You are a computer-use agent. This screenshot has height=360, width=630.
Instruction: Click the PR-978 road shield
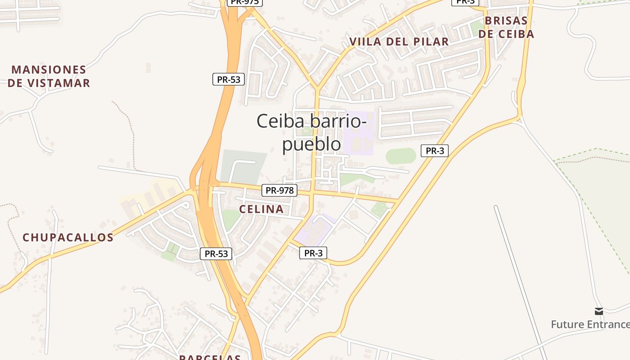[279, 190]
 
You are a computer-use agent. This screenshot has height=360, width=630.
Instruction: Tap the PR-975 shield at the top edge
[244, 2]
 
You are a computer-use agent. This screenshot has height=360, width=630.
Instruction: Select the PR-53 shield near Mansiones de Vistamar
[229, 80]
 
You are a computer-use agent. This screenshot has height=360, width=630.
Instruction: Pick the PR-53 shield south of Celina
[216, 254]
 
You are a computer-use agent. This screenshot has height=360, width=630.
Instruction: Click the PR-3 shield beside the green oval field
[435, 151]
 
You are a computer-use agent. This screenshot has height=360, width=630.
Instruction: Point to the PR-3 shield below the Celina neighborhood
[313, 253]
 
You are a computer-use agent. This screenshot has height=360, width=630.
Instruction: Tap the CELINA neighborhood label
[261, 209]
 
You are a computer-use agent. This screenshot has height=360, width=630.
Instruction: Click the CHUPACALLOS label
[68, 238]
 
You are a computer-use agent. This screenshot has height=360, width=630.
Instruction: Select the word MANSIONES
[49, 70]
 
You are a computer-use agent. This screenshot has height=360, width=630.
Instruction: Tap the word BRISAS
[506, 21]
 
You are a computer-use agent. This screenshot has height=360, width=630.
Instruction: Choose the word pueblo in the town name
[311, 144]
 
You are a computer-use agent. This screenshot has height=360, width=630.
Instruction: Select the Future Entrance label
[590, 324]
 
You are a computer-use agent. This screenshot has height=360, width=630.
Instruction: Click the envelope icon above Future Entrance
[598, 311]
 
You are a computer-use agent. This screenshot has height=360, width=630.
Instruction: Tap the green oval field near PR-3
[401, 156]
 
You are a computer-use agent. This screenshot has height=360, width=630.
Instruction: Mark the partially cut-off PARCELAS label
[210, 357]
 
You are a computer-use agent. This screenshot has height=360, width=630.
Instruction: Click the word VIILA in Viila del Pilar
[365, 42]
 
